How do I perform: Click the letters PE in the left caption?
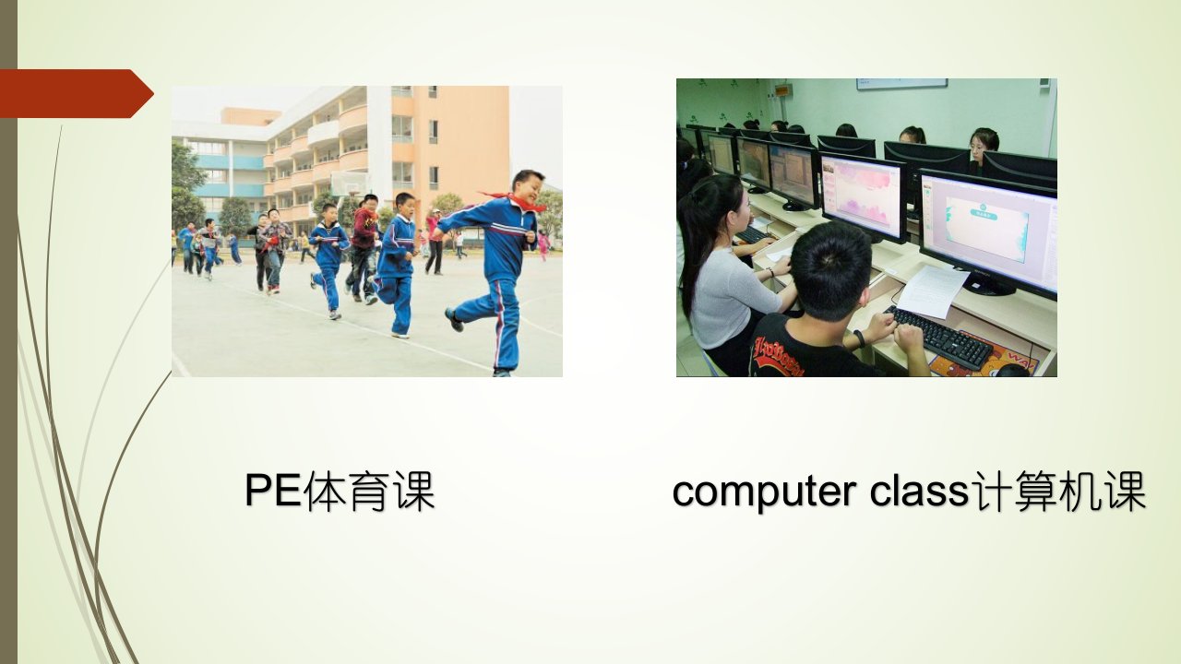coord(274,490)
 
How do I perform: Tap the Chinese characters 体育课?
coord(369,492)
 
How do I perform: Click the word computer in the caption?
coord(764,492)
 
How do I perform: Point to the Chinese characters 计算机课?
coord(1058,492)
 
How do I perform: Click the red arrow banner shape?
coord(77,93)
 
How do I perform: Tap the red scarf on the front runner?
coord(514,201)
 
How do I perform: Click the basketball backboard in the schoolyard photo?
coord(350,184)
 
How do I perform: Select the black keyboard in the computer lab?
coord(938,338)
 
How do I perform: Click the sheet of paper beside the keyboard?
coord(932,291)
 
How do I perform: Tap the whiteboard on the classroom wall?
coord(901,84)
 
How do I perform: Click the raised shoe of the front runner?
coord(454,319)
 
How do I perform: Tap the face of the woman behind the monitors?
coord(980,148)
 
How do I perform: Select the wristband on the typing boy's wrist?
coord(859,338)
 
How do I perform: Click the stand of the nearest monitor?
coord(989,285)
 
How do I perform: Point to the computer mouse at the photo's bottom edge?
coord(1011,371)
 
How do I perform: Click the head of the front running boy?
coord(528,186)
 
